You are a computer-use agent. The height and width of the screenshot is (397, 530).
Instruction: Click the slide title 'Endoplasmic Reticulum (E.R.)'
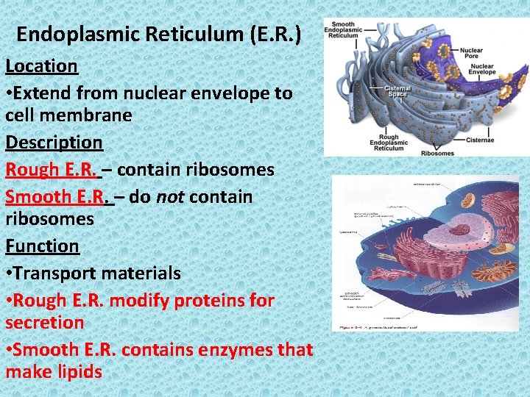[x=158, y=34]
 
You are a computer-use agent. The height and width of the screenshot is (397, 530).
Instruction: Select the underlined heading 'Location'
[x=41, y=65]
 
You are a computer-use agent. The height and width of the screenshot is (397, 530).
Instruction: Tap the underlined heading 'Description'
[x=54, y=142]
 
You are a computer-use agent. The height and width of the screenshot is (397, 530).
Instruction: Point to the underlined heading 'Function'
[x=42, y=246]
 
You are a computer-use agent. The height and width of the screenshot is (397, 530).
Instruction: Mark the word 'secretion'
[x=44, y=322]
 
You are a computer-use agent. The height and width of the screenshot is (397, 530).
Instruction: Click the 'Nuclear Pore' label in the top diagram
[x=470, y=54]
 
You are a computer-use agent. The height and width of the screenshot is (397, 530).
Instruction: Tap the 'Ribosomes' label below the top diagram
[x=437, y=153]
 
